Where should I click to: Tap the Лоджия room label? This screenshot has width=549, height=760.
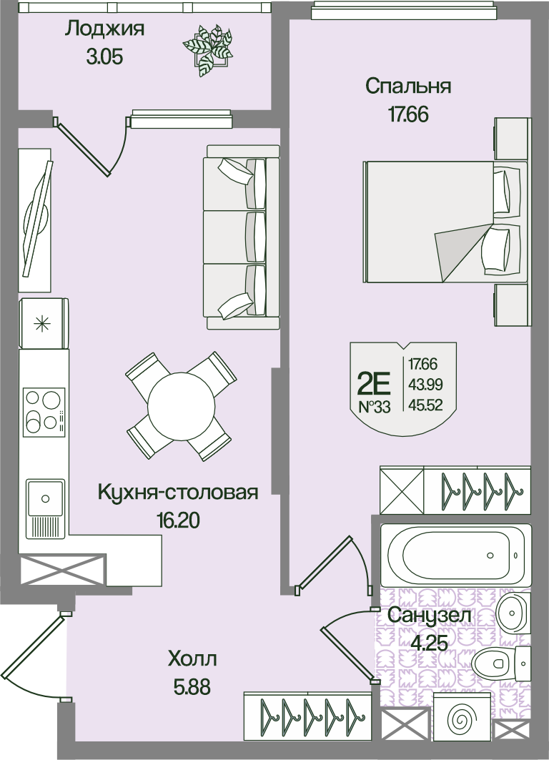click(104, 29)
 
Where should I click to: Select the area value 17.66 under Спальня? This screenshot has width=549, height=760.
click(408, 115)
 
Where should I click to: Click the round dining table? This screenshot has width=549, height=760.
click(182, 405)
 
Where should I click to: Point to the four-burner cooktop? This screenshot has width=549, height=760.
click(44, 413)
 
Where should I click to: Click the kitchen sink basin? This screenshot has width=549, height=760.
click(46, 498)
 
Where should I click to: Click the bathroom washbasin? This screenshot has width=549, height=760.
click(514, 613)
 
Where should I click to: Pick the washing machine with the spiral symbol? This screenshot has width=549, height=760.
click(458, 719)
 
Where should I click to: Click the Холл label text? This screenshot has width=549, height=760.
click(192, 659)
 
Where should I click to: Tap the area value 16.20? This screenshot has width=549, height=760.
click(178, 520)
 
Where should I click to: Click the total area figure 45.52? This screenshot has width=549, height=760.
click(425, 405)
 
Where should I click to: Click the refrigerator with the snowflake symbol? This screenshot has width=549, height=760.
click(44, 323)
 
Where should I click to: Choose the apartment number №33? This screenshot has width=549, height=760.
click(375, 407)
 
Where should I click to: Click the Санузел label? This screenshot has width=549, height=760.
click(430, 616)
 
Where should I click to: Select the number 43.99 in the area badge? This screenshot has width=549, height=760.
click(425, 385)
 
